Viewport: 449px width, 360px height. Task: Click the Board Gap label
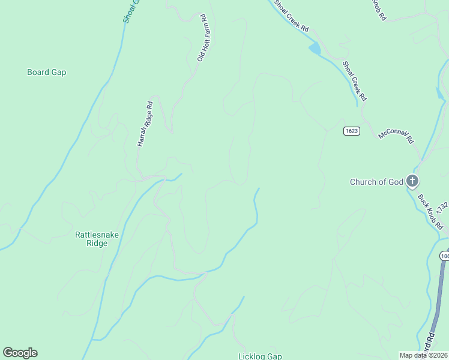[46, 72]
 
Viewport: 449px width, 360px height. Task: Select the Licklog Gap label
[260, 356]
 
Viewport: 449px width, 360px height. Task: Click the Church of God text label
[376, 182]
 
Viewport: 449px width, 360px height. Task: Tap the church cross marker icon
[412, 180]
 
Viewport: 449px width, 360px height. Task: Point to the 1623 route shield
[352, 131]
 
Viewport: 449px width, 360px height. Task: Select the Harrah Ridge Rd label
[145, 124]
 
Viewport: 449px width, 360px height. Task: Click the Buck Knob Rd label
[430, 211]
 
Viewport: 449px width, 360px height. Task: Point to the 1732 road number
[442, 208]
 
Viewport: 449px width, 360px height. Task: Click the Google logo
[20, 353]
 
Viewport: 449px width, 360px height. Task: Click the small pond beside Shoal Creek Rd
[315, 49]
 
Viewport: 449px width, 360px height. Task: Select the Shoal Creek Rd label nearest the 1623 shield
[355, 80]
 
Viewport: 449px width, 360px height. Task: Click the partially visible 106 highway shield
[444, 256]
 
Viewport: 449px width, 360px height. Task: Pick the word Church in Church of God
[363, 182]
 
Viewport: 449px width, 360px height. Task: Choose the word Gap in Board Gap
[58, 72]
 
